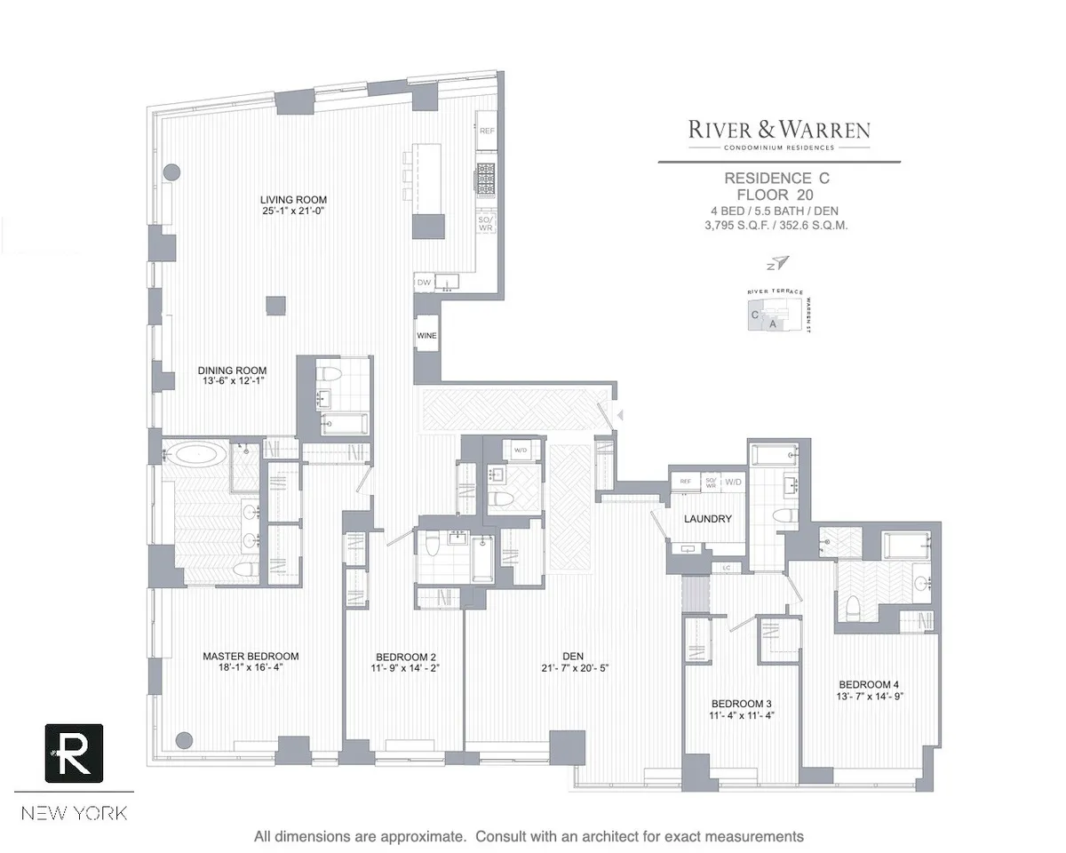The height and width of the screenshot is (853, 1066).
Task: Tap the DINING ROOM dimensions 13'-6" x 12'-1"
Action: (x=231, y=382)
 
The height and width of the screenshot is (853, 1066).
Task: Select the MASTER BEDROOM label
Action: (x=251, y=656)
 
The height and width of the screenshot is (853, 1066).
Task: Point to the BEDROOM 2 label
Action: (x=405, y=657)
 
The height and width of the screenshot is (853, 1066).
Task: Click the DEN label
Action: (x=573, y=656)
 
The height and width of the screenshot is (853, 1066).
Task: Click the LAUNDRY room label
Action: (x=708, y=519)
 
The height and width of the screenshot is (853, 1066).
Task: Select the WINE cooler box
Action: (x=426, y=336)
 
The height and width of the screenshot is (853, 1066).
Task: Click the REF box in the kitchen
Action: (x=487, y=131)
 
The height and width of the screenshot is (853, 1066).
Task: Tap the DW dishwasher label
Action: (x=424, y=283)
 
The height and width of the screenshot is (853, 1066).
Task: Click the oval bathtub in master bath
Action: (x=198, y=456)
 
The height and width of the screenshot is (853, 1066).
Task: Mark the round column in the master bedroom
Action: (x=184, y=739)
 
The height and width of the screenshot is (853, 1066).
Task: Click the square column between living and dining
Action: (x=276, y=305)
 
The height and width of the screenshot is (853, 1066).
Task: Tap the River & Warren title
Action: (x=779, y=130)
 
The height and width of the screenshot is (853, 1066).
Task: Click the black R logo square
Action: (x=74, y=753)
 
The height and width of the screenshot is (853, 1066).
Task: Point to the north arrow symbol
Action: (x=778, y=261)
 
